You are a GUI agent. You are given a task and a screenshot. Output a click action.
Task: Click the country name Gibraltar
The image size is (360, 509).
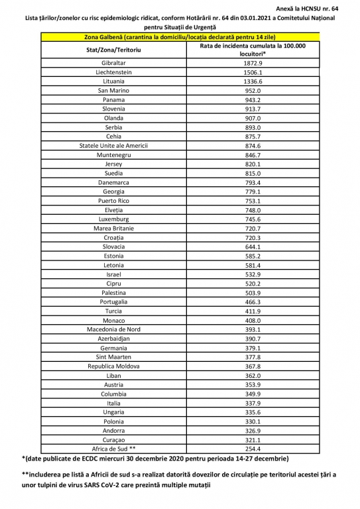pyautogui.click(x=113, y=62)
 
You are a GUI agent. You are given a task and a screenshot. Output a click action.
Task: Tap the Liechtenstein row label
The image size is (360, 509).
pyautogui.click(x=113, y=72)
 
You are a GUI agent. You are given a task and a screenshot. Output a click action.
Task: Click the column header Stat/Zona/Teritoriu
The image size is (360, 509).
pyautogui.click(x=113, y=49)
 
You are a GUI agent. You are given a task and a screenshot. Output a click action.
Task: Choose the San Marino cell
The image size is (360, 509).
pyautogui.click(x=113, y=90)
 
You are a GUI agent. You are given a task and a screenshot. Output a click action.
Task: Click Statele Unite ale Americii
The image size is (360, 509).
pyautogui.click(x=113, y=145)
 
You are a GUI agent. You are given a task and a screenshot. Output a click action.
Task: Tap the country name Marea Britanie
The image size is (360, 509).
pyautogui.click(x=113, y=227)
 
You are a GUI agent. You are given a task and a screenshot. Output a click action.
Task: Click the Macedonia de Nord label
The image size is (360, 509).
pyautogui.click(x=113, y=329)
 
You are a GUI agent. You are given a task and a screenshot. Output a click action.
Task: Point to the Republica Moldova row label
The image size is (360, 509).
pyautogui.click(x=113, y=366)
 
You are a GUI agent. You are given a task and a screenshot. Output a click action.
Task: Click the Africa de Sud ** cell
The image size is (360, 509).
pyautogui.click(x=113, y=448)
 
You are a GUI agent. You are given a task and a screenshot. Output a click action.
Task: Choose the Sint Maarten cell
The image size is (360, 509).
pyautogui.click(x=113, y=357)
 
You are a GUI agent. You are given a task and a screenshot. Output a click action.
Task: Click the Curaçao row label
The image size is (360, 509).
pyautogui.click(x=113, y=439)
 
